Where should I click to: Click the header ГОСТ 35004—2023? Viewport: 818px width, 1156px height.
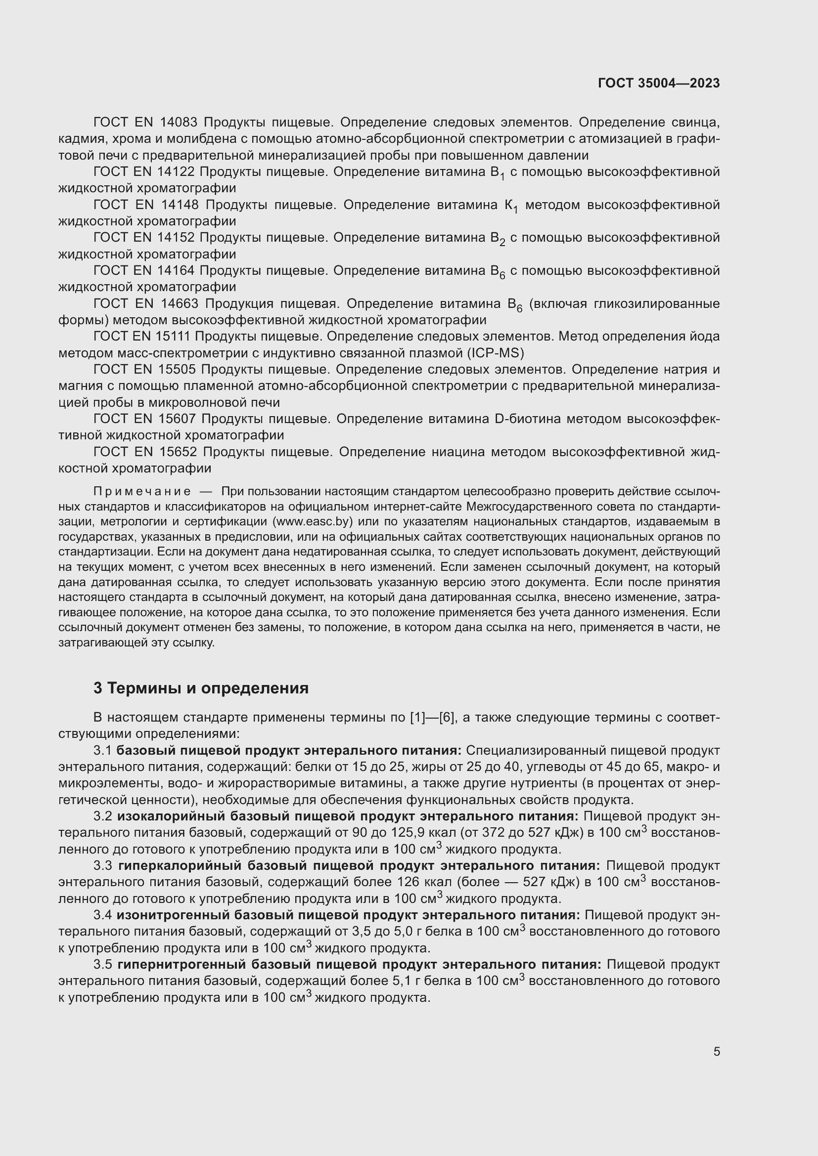pyautogui.click(x=658, y=84)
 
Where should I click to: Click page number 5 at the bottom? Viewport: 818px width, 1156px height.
pyautogui.click(x=716, y=1052)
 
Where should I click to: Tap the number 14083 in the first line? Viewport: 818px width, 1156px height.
pyautogui.click(x=180, y=123)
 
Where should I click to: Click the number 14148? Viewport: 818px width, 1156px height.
pyautogui.click(x=180, y=205)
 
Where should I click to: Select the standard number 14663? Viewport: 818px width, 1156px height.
pyautogui.click(x=180, y=303)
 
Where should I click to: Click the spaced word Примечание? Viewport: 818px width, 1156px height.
pyautogui.click(x=142, y=491)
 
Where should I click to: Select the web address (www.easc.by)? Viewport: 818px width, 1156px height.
pyautogui.click(x=312, y=521)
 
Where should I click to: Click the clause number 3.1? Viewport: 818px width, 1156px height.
pyautogui.click(x=102, y=751)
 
